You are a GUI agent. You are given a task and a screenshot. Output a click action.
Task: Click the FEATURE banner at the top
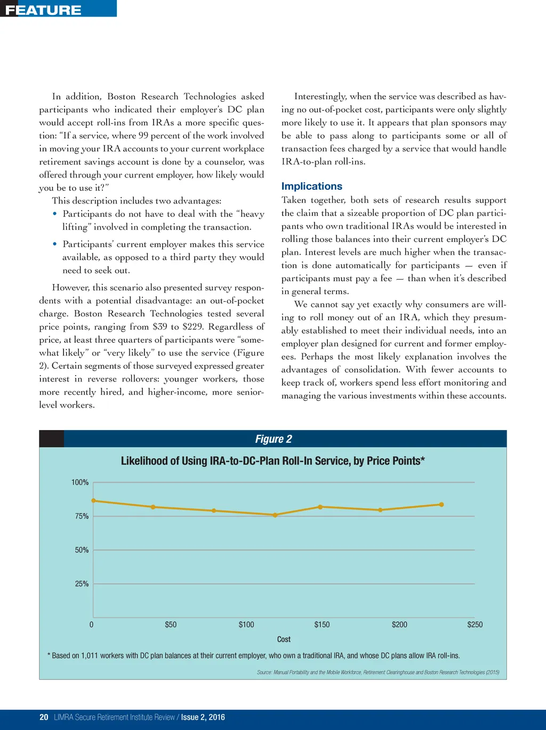44,10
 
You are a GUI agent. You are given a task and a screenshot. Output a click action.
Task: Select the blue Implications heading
311,186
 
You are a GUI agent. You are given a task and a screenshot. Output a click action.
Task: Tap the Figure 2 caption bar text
273,439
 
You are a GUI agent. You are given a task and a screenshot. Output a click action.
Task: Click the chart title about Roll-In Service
272,461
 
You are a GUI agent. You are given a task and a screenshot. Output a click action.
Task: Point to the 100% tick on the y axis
80,482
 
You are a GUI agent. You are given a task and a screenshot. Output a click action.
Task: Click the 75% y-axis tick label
82,516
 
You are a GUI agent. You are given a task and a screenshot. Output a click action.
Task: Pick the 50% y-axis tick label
82,550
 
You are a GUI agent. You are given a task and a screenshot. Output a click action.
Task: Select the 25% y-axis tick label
82,583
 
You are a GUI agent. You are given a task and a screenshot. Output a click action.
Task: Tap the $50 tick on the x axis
171,624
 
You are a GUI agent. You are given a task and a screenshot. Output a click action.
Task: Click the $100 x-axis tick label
246,624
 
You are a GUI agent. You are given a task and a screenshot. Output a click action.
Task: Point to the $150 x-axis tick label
322,624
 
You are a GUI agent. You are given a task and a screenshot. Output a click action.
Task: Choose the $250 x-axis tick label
475,624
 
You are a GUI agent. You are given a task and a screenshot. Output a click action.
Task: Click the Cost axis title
284,639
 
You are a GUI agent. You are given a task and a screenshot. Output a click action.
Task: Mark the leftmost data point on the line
94,501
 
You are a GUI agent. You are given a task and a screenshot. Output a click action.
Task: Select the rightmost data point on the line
441,504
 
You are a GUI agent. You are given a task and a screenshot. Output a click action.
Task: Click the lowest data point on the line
275,515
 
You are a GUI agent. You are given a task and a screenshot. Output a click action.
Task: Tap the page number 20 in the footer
44,717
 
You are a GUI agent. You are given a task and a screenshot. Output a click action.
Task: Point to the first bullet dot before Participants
55,214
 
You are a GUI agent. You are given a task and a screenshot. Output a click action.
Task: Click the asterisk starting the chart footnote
49,655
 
